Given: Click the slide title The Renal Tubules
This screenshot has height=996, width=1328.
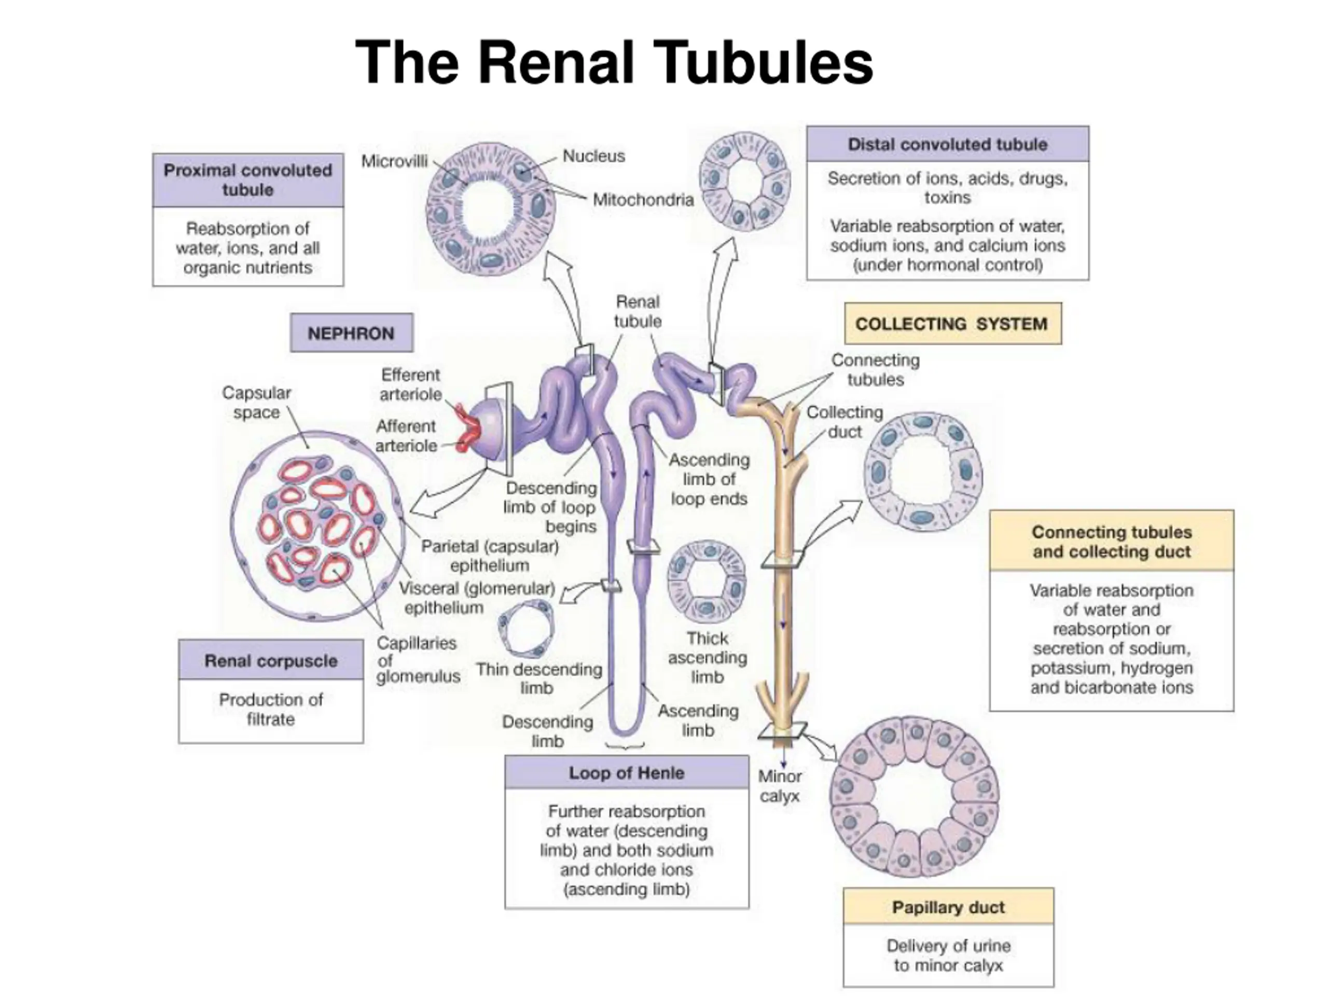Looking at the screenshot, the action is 614,62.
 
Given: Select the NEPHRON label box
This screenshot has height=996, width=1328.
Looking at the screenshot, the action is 351,333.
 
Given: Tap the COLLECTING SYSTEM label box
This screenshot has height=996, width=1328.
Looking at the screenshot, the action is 953,324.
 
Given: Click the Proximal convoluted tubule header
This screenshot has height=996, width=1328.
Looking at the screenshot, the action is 248,180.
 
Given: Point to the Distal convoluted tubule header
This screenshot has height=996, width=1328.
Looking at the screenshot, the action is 947,144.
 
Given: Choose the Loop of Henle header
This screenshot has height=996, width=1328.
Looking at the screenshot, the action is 627,772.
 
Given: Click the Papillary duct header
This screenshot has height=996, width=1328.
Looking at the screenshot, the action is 948,907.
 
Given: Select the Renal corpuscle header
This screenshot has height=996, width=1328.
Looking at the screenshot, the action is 271,660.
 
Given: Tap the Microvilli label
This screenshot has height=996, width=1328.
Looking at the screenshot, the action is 394,161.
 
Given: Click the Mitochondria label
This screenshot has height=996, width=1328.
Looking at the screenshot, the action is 643,199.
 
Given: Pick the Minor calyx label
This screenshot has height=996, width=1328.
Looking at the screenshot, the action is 780,786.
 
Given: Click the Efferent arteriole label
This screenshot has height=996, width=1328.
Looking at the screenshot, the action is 411,384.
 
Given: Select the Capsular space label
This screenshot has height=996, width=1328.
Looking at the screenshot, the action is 256,402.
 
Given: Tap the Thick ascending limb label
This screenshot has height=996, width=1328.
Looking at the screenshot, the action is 707,657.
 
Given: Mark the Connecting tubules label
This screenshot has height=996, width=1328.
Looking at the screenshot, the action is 875,370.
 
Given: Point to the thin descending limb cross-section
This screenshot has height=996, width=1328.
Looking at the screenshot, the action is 526,629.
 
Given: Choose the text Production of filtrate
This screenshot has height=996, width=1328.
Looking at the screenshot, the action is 271,709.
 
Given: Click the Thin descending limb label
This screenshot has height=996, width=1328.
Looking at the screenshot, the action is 538,679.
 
